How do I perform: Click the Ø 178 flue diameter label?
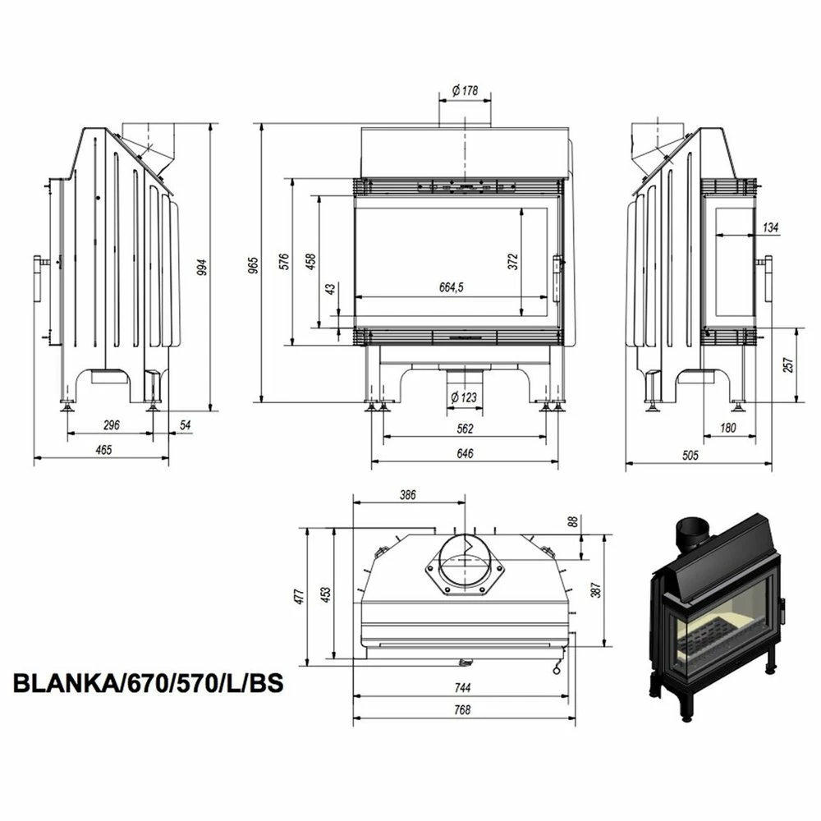coord(465,90)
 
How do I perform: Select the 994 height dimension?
coord(202,267)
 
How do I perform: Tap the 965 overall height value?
coord(253,265)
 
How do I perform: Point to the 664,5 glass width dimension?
coord(452,287)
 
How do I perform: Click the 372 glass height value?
coord(512,261)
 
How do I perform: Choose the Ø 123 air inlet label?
coord(464,397)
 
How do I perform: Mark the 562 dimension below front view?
coord(465,429)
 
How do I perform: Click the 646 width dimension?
coord(465,453)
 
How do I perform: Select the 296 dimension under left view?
coord(112,425)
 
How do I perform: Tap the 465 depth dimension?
coord(103,450)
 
